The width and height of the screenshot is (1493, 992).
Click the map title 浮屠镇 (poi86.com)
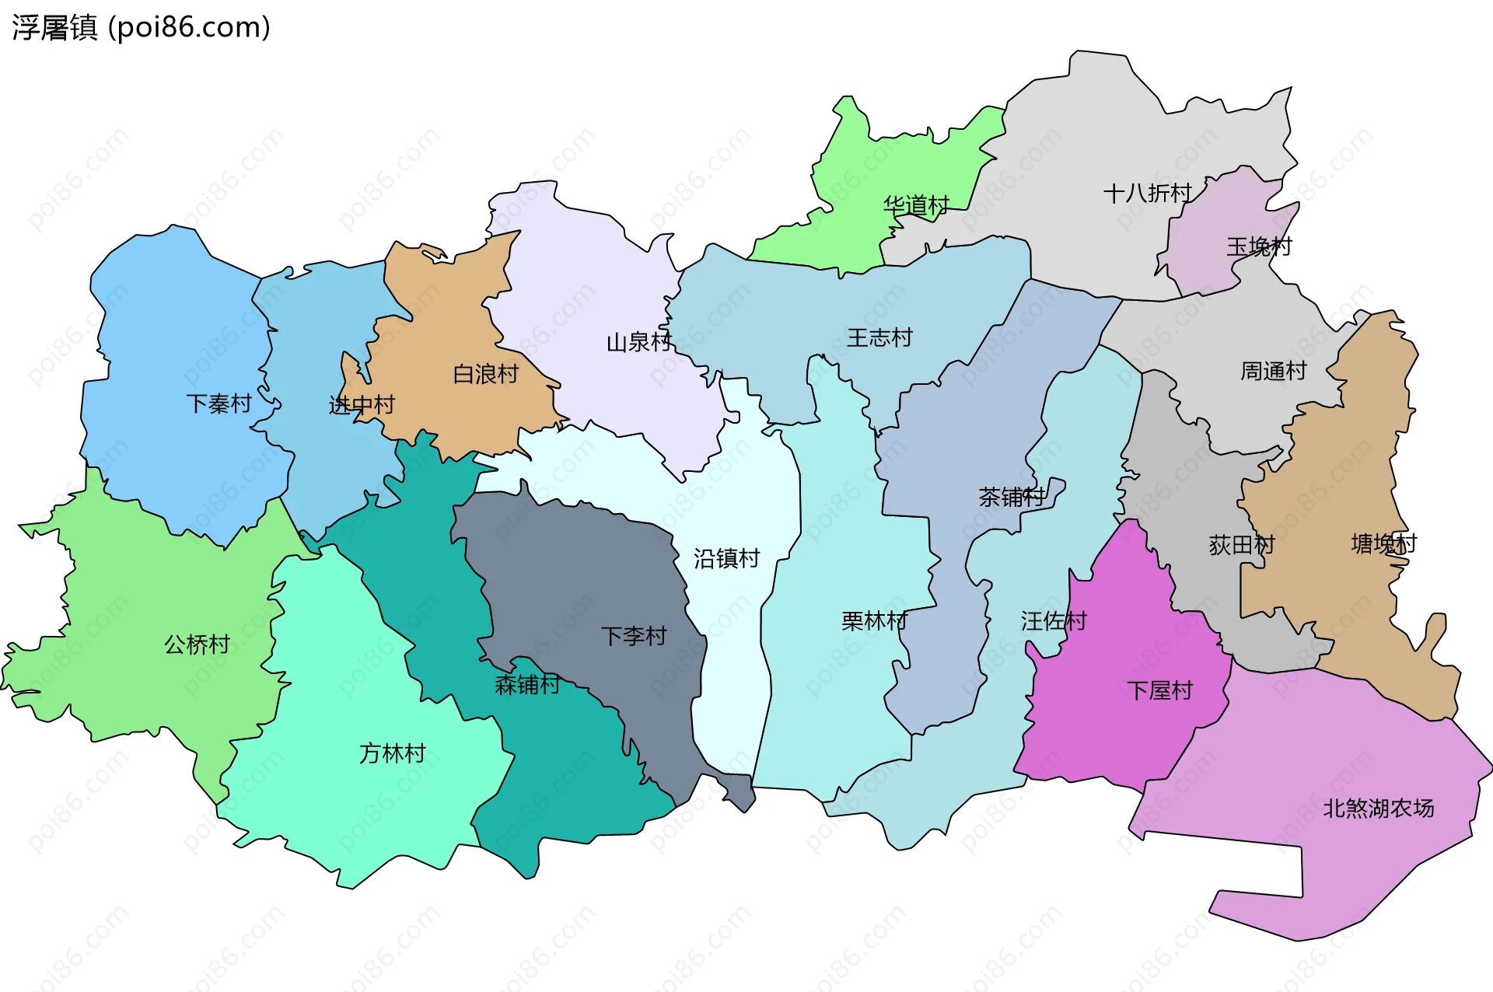[x=141, y=28]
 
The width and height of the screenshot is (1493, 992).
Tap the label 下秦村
[x=219, y=403]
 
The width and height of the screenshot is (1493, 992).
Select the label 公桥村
[x=197, y=644]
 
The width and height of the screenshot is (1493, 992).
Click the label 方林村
[x=392, y=753]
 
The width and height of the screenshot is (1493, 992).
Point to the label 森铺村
[x=527, y=685]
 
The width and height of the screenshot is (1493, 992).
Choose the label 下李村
[x=633, y=636]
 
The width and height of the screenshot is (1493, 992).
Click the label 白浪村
[x=485, y=374]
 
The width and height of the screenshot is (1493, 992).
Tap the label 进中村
[x=362, y=405]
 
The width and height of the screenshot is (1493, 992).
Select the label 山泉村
[x=638, y=342]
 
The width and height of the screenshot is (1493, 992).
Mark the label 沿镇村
[x=726, y=558]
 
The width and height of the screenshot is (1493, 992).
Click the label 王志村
[x=879, y=337]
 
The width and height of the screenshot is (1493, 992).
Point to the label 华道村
[x=916, y=205]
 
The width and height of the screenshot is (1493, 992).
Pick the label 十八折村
[x=1147, y=193]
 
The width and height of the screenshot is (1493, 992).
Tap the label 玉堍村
[x=1259, y=246]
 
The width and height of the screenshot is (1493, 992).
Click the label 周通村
[x=1273, y=371]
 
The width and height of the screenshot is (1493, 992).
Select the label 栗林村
[x=874, y=621]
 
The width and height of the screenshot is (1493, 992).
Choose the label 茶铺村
[x=1012, y=497]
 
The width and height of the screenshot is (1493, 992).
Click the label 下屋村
[x=1159, y=690]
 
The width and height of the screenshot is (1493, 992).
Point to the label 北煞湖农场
[x=1378, y=809]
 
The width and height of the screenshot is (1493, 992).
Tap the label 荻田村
[x=1241, y=545]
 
